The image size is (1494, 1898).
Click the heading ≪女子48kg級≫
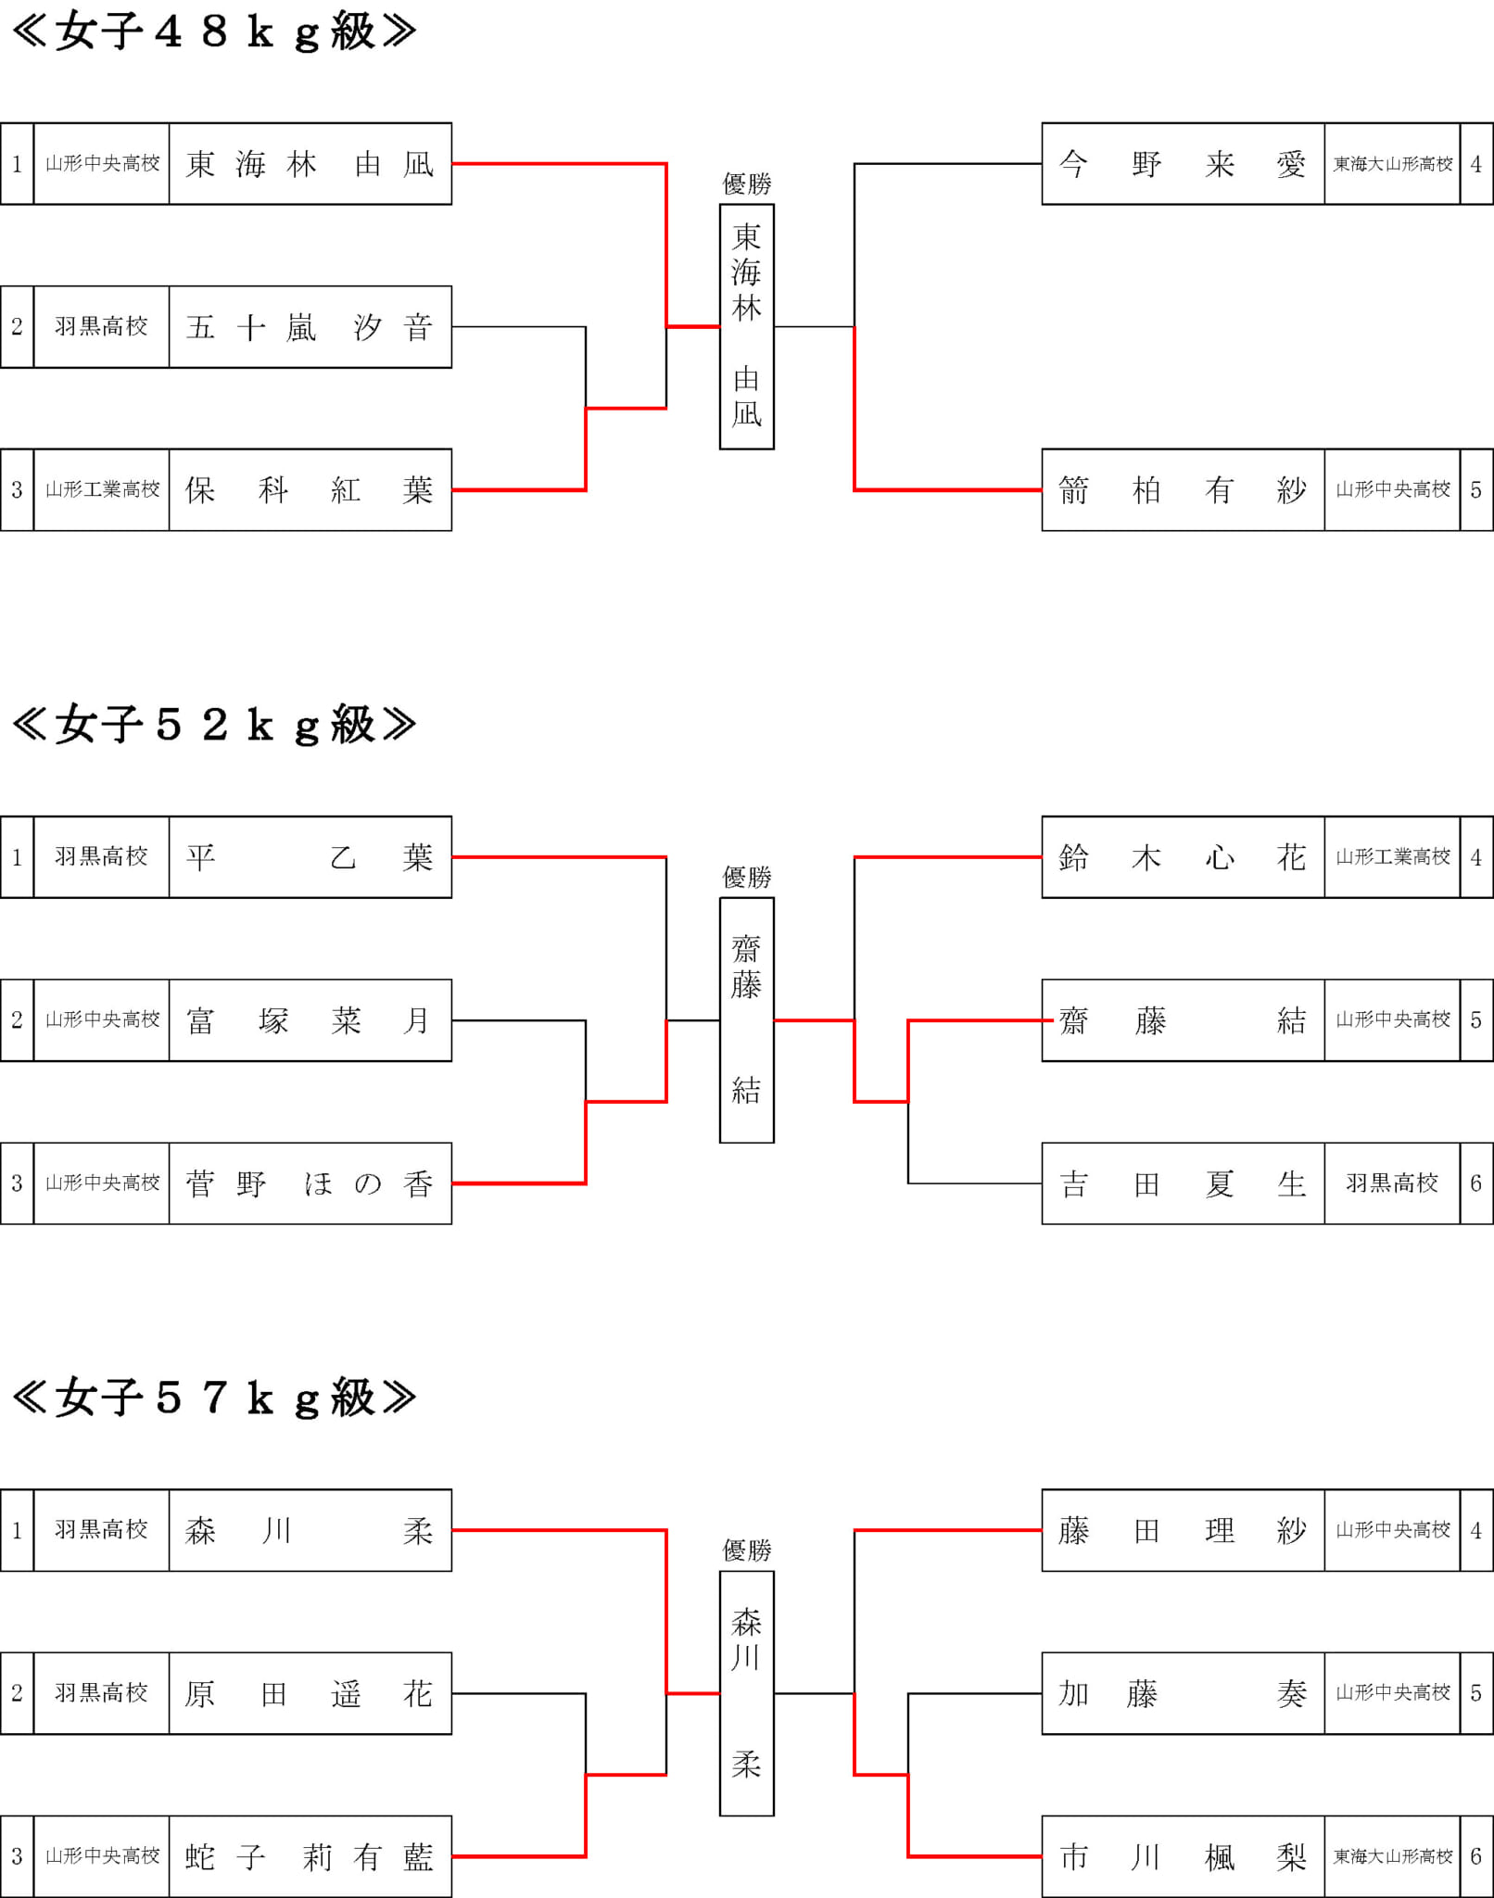(214, 32)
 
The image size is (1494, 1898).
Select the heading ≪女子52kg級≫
(214, 725)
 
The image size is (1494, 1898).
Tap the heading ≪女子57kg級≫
(214, 1398)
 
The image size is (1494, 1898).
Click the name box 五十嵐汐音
(310, 327)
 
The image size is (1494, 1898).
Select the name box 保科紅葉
(310, 490)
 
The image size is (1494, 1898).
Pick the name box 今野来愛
(1184, 164)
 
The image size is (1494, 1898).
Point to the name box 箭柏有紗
(1184, 490)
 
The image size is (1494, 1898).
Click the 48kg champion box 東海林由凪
(747, 327)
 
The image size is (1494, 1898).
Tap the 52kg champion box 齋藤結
(747, 1020)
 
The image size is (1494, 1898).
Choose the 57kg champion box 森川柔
(747, 1693)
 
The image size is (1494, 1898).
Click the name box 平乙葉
(310, 857)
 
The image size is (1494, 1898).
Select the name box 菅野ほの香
(310, 1183)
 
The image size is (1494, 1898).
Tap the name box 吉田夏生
(1184, 1183)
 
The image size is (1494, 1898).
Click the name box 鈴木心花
(1184, 857)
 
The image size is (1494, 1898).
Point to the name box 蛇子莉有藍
(310, 1856)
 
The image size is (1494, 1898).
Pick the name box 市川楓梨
(1184, 1856)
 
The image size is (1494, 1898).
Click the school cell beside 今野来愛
(1393, 164)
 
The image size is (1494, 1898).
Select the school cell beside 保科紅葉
(102, 490)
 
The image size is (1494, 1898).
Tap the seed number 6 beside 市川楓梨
(1476, 1856)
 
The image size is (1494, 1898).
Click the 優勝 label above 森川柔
(747, 1550)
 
